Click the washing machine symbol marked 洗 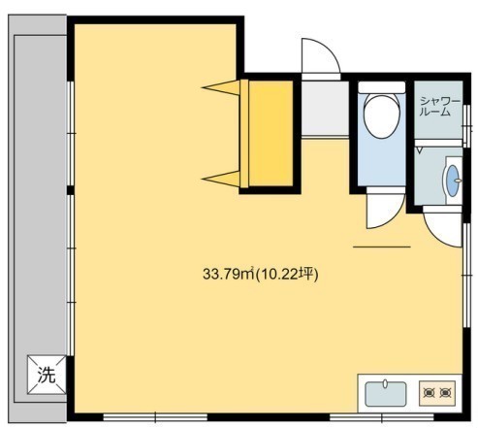click(x=47, y=375)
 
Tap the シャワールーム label click(x=439, y=107)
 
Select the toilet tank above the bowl click(x=382, y=87)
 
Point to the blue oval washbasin click(x=453, y=181)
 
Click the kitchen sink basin click(x=386, y=394)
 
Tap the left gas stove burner click(x=429, y=393)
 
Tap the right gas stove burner click(x=445, y=393)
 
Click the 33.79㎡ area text click(x=229, y=275)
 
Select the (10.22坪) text click(x=287, y=275)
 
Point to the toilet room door click(x=386, y=208)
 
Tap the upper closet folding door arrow click(x=221, y=87)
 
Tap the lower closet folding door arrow click(x=221, y=179)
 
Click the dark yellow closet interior click(x=271, y=133)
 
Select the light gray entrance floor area click(x=325, y=108)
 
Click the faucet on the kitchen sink click(x=385, y=383)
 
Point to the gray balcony click(x=38, y=218)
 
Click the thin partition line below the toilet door click(x=382, y=247)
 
